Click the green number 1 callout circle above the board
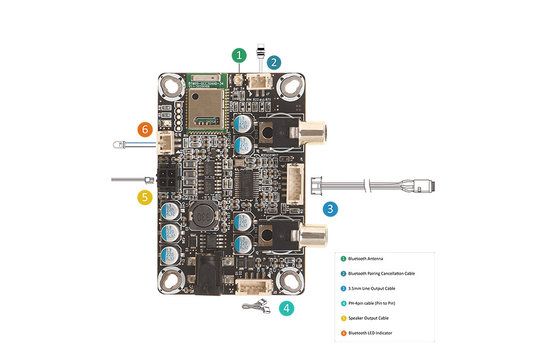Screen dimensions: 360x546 238,56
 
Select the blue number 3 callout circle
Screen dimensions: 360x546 330,209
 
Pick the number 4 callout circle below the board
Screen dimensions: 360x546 287,308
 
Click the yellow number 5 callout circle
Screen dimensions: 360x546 144,198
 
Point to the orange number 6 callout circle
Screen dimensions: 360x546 146,130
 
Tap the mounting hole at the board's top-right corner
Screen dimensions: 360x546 291,87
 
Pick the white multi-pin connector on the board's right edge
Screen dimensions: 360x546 296,187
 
